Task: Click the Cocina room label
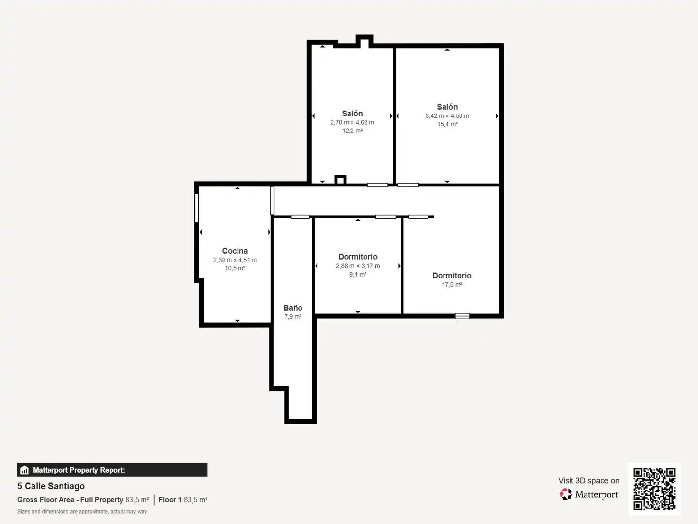click(x=235, y=251)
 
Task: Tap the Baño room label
click(x=293, y=308)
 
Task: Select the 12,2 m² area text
click(x=352, y=131)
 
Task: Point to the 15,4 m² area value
click(x=447, y=124)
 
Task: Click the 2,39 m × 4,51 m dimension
click(x=235, y=260)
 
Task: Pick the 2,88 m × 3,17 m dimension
click(x=358, y=266)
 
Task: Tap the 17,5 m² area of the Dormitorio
click(x=452, y=285)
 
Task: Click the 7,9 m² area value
click(x=293, y=316)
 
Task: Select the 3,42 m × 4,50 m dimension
click(x=447, y=116)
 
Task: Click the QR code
click(x=654, y=489)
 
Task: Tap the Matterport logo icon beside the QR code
click(x=566, y=494)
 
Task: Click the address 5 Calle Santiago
click(x=51, y=486)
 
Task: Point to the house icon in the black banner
click(x=25, y=470)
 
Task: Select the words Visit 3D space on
click(x=588, y=481)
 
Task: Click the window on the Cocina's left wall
click(x=196, y=208)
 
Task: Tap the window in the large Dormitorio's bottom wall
click(x=462, y=316)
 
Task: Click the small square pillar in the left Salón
click(x=340, y=180)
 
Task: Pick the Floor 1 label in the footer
click(x=170, y=500)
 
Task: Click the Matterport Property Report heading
click(x=79, y=470)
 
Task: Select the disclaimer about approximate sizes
click(x=82, y=511)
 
